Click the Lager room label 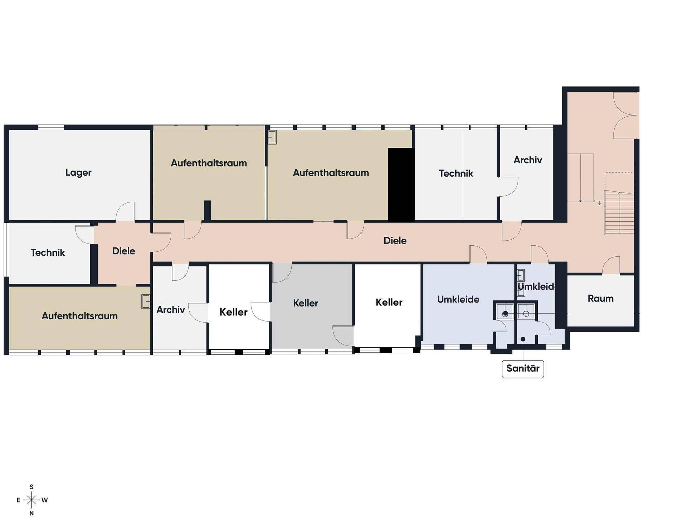pos(78,172)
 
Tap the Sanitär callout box pos(523,369)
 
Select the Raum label pos(600,298)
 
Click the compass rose pos(31,500)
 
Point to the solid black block pos(401,185)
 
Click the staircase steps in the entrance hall pos(619,212)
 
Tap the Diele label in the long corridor pos(395,240)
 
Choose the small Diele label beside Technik pos(123,251)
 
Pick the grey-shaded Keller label pos(305,303)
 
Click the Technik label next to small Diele pos(48,252)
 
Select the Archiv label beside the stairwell pos(528,160)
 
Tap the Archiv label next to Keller pos(170,309)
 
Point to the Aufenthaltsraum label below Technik pos(79,316)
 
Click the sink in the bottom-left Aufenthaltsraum pos(146,301)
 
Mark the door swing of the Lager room pos(125,211)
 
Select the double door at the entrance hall pos(626,116)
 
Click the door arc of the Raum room pos(611,265)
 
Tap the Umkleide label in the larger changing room pos(458,299)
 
